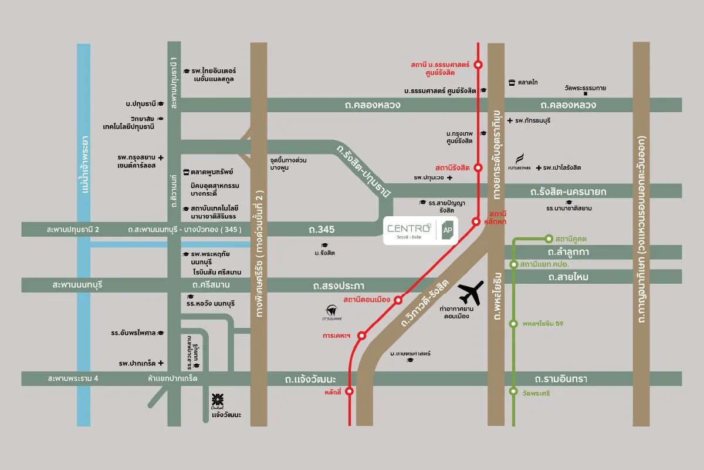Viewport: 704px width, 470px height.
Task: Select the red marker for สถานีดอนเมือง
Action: coord(398,300)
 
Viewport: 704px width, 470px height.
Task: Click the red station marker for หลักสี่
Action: coord(350,391)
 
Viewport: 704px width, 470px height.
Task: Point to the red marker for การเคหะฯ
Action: coord(362,335)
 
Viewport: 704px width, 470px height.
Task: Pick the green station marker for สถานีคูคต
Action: coord(549,239)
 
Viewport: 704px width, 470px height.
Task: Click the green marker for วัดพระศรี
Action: coord(514,391)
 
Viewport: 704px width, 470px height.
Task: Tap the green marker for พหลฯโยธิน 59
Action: coord(514,323)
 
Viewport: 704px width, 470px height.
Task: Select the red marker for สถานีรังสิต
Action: coord(479,167)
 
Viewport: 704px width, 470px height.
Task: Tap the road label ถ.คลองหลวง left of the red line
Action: coord(373,105)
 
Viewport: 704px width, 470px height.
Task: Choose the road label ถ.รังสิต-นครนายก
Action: coord(568,192)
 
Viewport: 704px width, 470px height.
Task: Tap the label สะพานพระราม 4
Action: coord(73,379)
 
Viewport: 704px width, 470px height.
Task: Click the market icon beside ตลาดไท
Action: coord(512,82)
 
